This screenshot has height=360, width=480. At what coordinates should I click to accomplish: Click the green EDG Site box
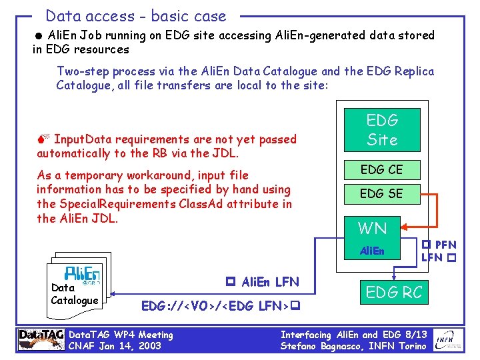tap(382, 130)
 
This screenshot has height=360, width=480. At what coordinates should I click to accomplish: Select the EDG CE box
tap(382, 170)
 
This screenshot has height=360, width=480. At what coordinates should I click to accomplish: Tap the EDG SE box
tap(382, 194)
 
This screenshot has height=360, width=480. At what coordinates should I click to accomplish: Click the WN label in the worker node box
tap(372, 229)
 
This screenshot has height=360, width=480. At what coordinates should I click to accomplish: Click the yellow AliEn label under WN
tap(372, 251)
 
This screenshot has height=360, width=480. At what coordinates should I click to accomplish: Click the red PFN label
tap(445, 245)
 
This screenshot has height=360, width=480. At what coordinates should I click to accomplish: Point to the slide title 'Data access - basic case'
tap(136, 16)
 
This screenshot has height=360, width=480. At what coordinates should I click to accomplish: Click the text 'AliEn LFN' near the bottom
tap(269, 282)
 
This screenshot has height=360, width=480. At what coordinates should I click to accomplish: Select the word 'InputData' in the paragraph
tap(83, 139)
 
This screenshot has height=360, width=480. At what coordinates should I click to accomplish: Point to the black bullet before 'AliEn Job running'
tap(40, 35)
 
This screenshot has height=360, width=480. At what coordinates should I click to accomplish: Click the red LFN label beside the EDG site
tap(432, 257)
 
